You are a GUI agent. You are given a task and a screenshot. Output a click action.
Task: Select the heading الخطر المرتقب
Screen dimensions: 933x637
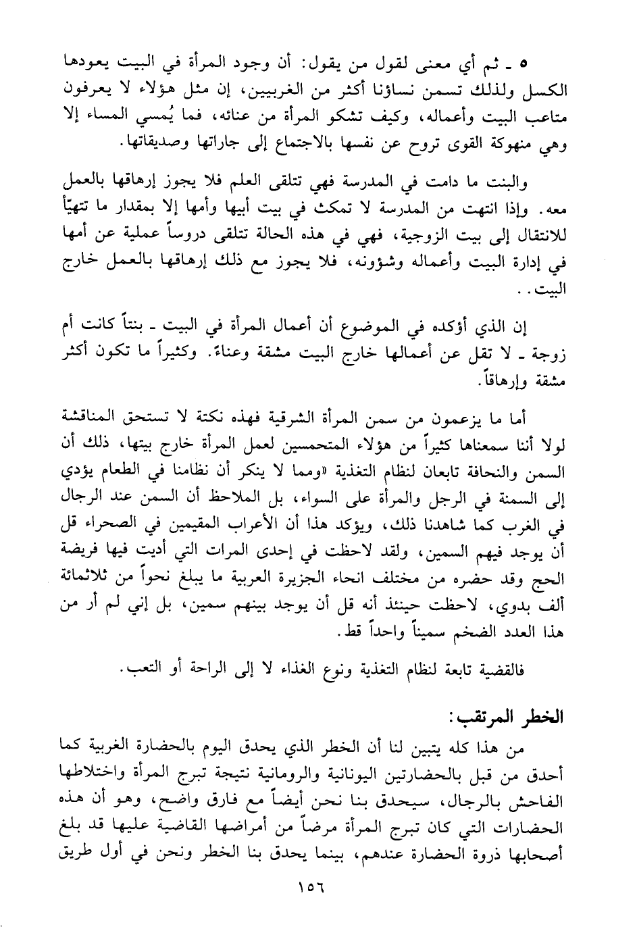[x=513, y=718]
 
